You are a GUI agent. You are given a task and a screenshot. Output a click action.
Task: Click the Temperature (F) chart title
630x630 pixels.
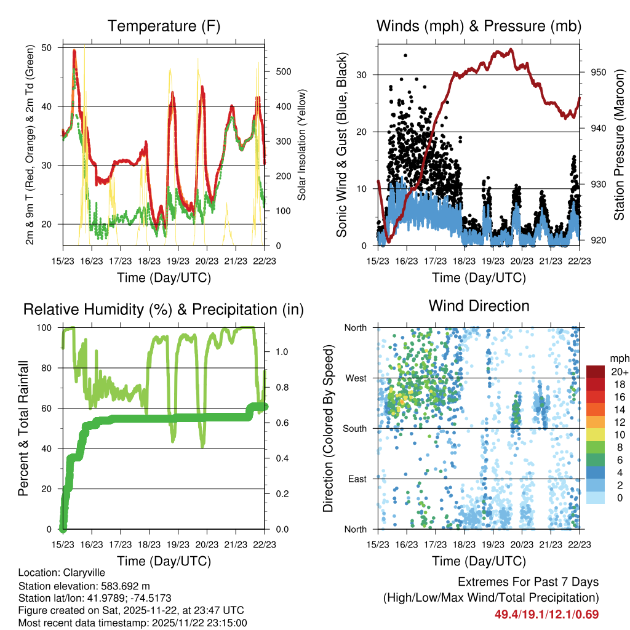pyautogui.click(x=163, y=26)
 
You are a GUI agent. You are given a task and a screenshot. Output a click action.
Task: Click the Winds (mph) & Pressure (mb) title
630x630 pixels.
pyautogui.click(x=479, y=26)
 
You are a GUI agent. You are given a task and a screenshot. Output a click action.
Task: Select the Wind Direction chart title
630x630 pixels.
pyautogui.click(x=479, y=306)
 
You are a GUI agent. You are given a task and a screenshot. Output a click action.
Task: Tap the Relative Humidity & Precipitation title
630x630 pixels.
pyautogui.click(x=163, y=309)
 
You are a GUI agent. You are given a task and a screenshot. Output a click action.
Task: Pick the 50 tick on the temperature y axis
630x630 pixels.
pyautogui.click(x=49, y=48)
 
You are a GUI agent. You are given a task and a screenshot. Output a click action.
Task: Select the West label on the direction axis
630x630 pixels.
pyautogui.click(x=356, y=378)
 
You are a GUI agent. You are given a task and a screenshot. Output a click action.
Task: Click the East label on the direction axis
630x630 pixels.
pyautogui.click(x=357, y=479)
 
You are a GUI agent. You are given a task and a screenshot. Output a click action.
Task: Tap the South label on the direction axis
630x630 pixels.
pyautogui.click(x=355, y=429)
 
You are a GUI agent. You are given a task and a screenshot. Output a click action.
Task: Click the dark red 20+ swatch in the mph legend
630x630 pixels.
pyautogui.click(x=596, y=372)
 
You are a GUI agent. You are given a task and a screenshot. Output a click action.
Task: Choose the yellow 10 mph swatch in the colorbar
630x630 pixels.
pyautogui.click(x=596, y=434)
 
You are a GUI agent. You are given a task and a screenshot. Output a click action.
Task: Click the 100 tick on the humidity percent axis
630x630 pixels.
pyautogui.click(x=46, y=328)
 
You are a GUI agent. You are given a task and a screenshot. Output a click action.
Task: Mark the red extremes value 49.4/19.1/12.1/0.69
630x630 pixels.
pyautogui.click(x=546, y=614)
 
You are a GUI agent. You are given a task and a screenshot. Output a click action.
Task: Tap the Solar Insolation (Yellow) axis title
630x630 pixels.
pyautogui.click(x=302, y=145)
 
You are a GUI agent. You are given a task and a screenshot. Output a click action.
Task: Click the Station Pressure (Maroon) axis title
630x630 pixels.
pyautogui.click(x=619, y=145)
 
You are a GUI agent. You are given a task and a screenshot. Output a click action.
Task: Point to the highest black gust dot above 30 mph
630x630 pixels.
pyautogui.click(x=405, y=55)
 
